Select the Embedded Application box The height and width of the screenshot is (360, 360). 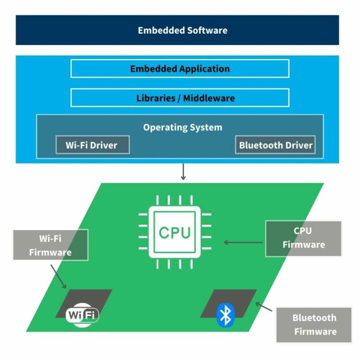pos(180,69)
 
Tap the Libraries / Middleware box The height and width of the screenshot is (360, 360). pos(180,98)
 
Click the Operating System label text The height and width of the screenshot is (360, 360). pos(182,127)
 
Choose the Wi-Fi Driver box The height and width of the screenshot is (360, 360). pos(92,145)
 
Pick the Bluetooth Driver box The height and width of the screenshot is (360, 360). pos(275,145)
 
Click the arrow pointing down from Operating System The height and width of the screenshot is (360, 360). pos(183,172)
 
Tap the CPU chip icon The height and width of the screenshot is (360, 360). pos(175,232)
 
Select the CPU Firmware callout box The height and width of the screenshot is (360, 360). pos(303,238)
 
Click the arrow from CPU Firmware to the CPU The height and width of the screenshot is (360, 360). pos(243,243)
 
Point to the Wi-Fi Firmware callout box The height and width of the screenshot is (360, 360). pos(50,245)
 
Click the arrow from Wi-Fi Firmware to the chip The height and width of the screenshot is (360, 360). pos(58,276)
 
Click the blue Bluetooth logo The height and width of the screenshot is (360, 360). pos(225,315)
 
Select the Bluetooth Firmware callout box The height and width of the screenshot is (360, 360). pos(314,324)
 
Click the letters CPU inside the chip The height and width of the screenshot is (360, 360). pos(175,233)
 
